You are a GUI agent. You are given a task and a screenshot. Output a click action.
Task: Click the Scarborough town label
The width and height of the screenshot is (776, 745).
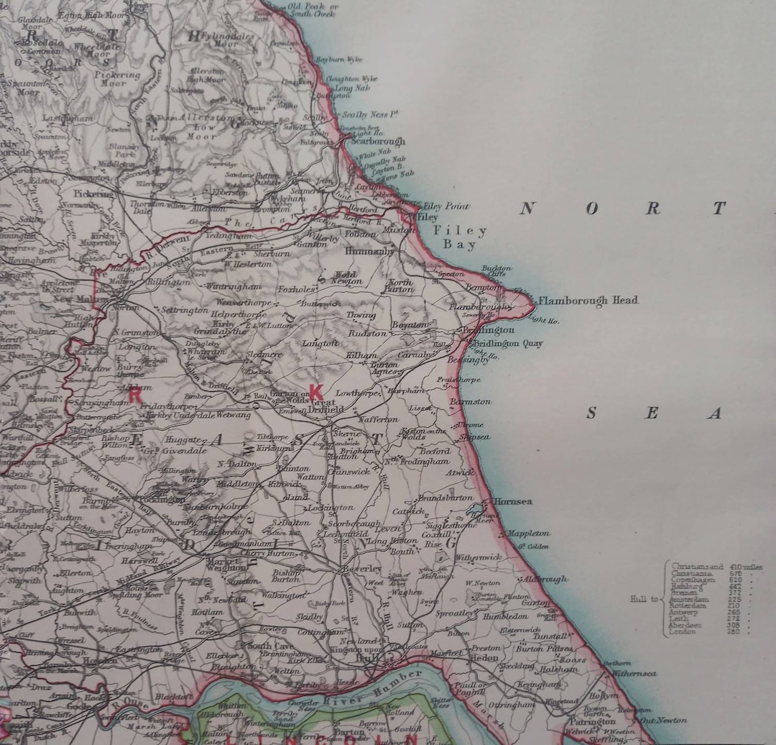click(378, 142)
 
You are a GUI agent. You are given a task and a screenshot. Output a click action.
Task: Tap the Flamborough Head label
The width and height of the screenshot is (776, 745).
click(588, 301)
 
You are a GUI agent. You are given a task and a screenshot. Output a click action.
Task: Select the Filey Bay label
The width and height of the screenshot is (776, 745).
click(460, 238)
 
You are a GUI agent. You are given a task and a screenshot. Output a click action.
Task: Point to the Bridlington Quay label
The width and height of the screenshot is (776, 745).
click(507, 344)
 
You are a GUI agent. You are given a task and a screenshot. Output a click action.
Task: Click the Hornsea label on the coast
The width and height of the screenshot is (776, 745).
click(512, 501)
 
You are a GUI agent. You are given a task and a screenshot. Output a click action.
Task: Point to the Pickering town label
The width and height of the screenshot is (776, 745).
click(93, 193)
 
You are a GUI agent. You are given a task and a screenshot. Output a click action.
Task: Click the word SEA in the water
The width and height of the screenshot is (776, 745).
click(652, 413)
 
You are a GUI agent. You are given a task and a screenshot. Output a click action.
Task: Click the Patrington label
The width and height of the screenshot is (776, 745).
click(593, 721)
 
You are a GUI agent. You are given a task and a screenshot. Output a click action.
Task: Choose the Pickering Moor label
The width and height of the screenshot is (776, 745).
click(118, 78)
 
